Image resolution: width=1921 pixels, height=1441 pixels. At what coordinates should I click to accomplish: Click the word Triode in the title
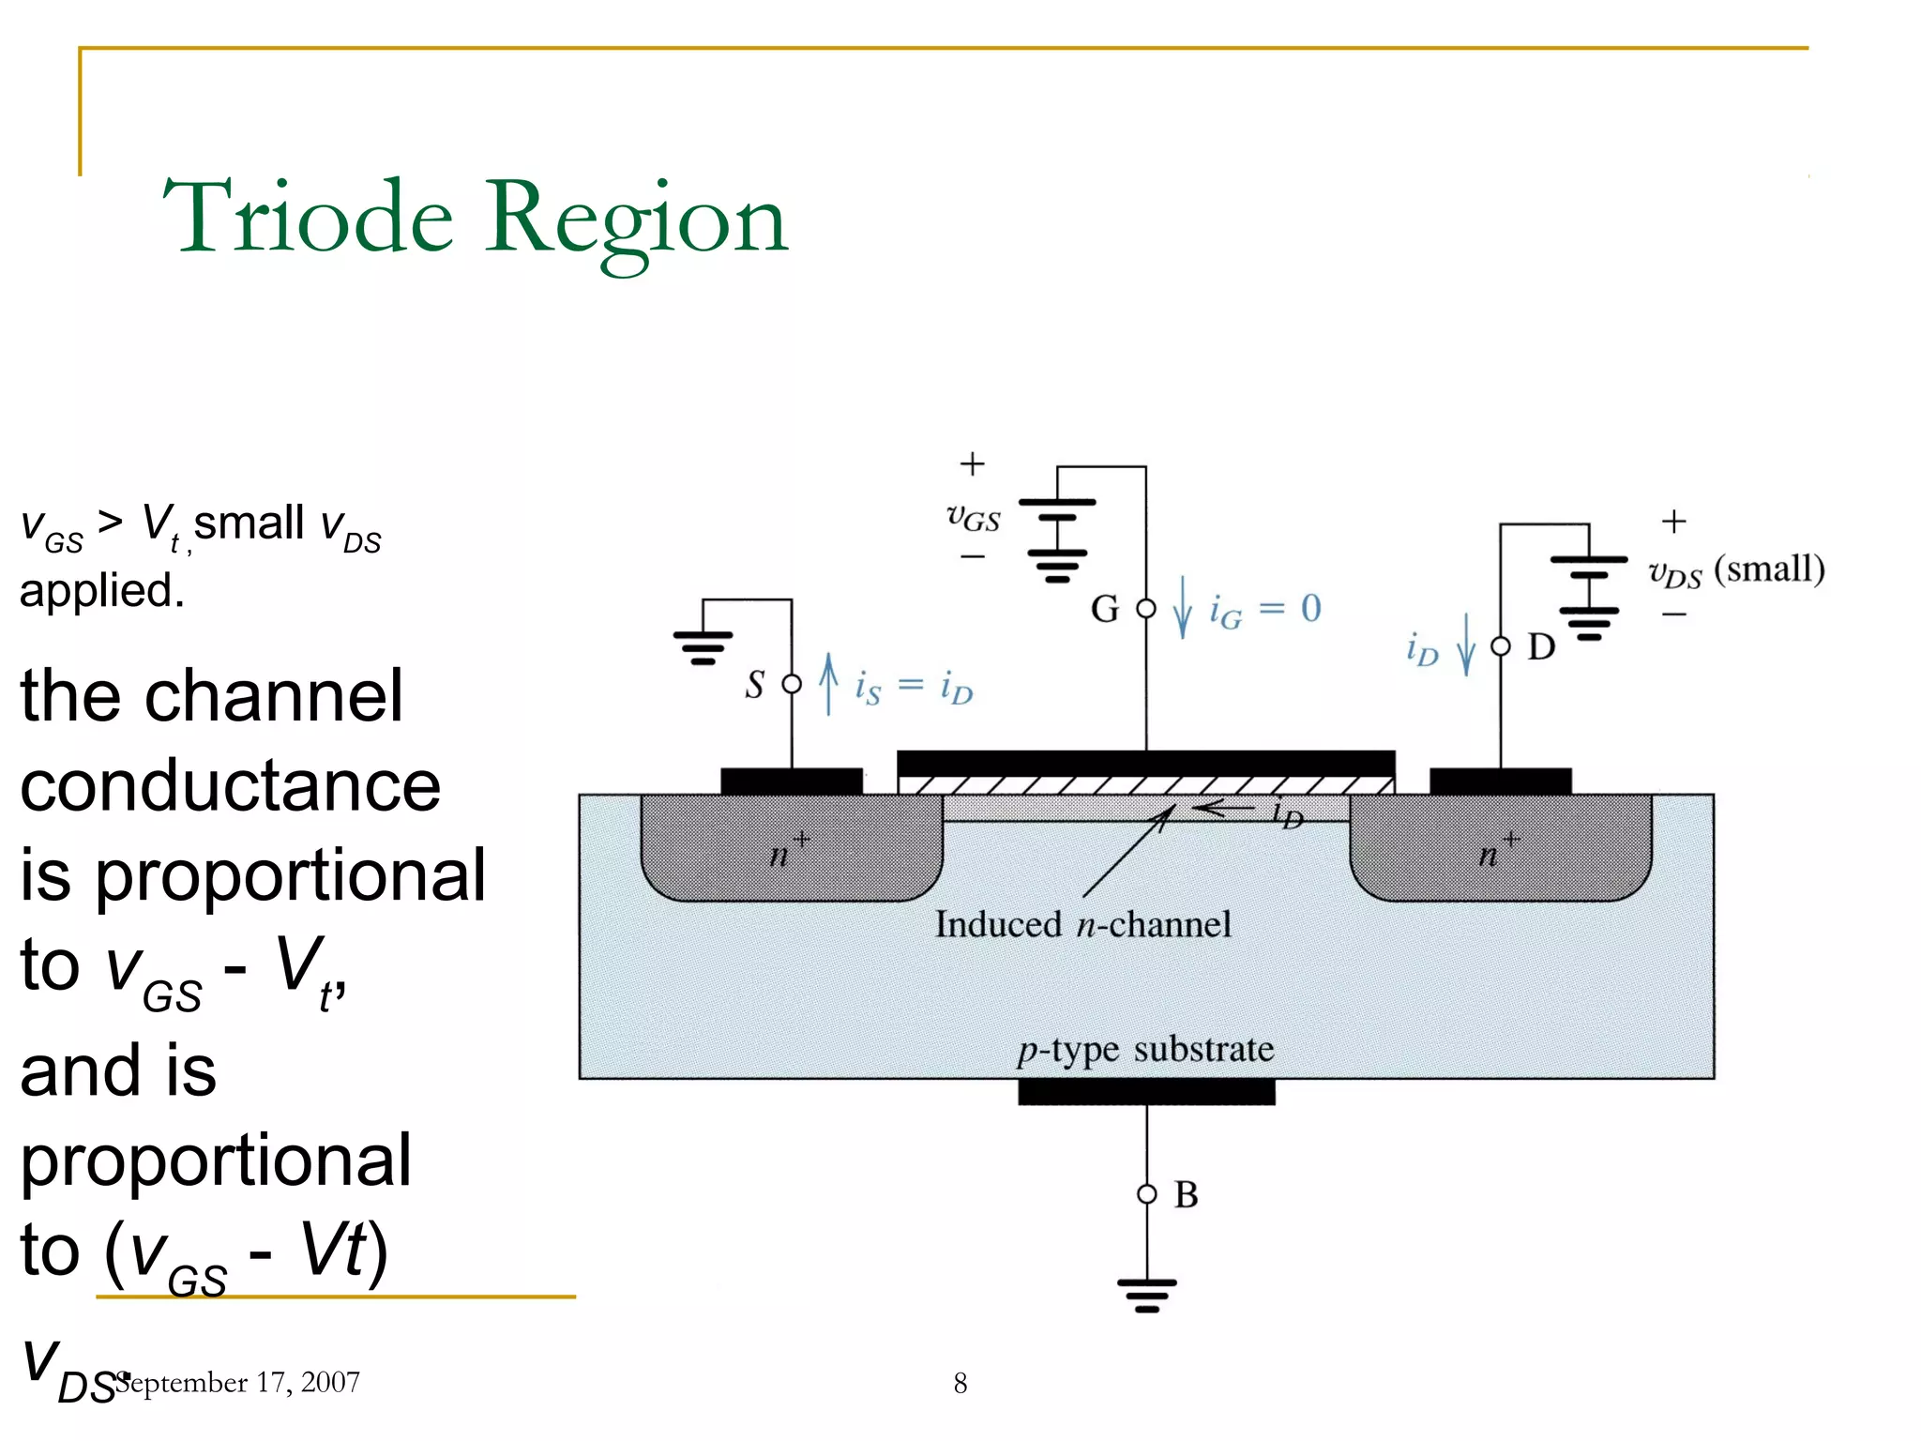(309, 218)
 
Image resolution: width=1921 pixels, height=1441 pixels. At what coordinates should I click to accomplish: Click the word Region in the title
(637, 221)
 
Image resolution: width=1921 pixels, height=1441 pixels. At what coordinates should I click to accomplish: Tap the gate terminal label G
(1104, 610)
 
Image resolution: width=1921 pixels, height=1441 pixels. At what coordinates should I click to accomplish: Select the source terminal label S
(754, 684)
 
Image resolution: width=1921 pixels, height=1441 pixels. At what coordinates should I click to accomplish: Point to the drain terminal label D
(1541, 646)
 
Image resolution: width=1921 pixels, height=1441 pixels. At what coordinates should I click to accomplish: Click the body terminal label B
(1186, 1194)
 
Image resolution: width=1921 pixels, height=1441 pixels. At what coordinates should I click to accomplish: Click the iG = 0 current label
(1264, 611)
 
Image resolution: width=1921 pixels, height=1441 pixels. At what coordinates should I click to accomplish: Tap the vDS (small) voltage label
(1736, 570)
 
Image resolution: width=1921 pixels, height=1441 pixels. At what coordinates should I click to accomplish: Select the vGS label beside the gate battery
(973, 517)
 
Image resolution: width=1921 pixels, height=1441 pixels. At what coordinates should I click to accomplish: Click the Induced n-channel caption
(1082, 925)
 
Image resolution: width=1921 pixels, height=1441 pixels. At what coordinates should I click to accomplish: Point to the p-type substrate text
(1145, 1049)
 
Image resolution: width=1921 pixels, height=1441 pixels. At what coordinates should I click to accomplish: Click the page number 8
(960, 1383)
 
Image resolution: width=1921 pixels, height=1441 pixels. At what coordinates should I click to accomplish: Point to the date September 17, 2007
(239, 1382)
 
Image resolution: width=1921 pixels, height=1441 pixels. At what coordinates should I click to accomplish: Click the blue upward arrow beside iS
(828, 684)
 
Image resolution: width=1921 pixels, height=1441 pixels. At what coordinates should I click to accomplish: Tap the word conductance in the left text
(230, 785)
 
